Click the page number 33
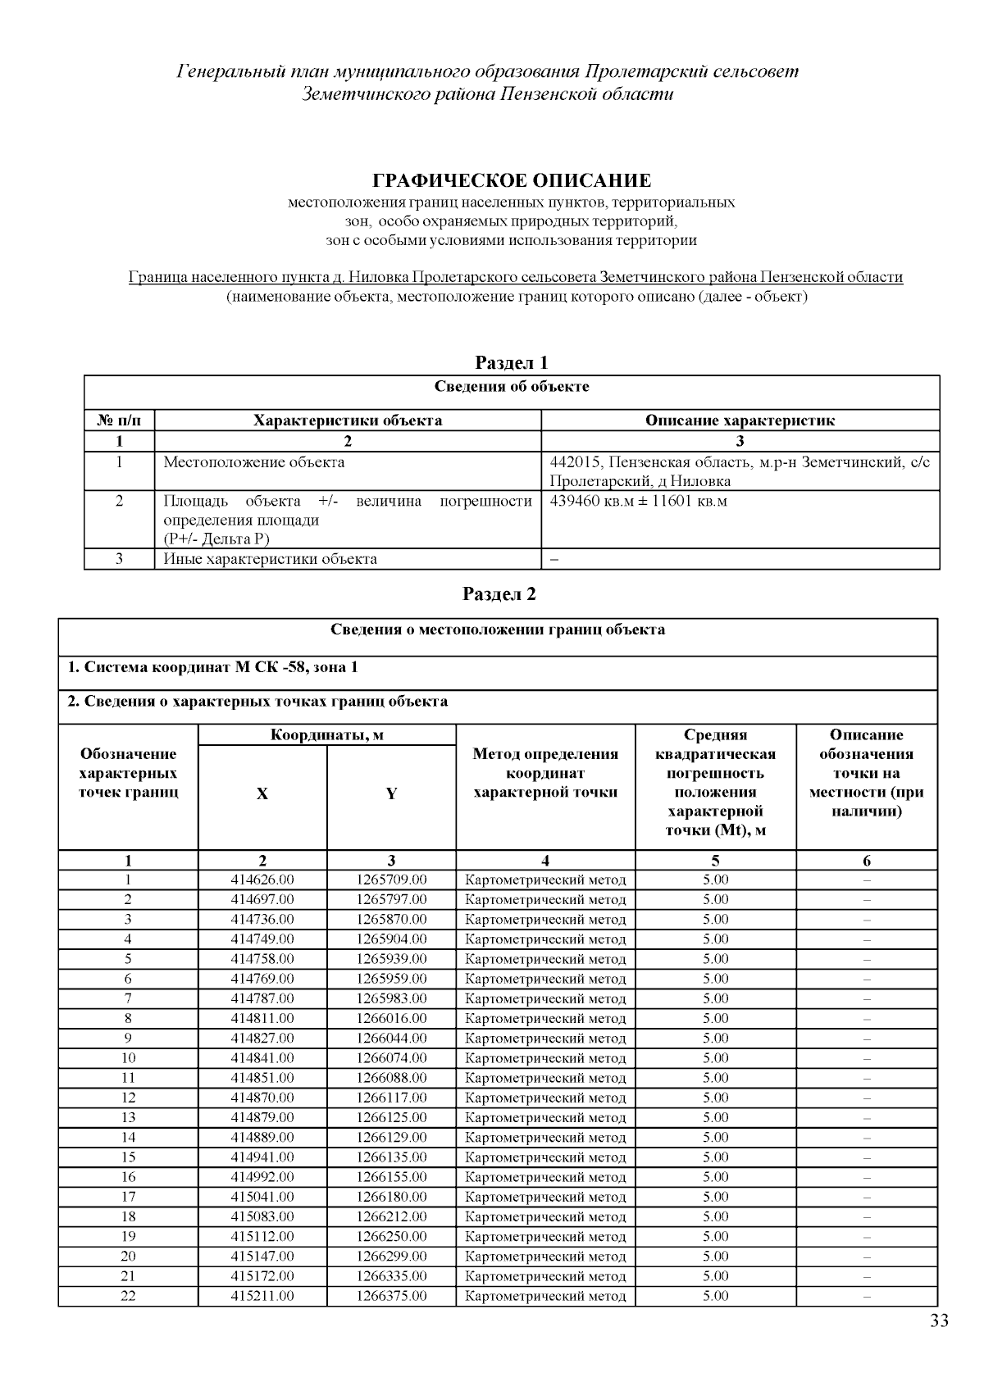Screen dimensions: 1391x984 939,1321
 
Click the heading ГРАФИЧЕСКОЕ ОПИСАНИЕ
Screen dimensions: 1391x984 512,180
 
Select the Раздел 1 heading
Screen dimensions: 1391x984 512,362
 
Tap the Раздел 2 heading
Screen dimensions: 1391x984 499,593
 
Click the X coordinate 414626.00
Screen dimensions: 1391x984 262,880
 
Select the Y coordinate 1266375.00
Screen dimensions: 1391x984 391,1296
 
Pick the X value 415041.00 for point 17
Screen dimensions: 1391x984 262,1197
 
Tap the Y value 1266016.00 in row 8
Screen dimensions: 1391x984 391,1018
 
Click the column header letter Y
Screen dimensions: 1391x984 391,793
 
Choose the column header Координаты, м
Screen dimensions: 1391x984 326,734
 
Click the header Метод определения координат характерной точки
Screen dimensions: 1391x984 545,773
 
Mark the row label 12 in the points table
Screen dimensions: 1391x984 128,1098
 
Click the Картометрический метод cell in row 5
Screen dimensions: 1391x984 545,959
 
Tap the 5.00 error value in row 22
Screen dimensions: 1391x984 715,1296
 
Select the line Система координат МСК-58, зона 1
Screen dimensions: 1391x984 212,667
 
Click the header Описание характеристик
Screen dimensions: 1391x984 740,420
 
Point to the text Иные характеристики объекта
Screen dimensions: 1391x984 270,559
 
